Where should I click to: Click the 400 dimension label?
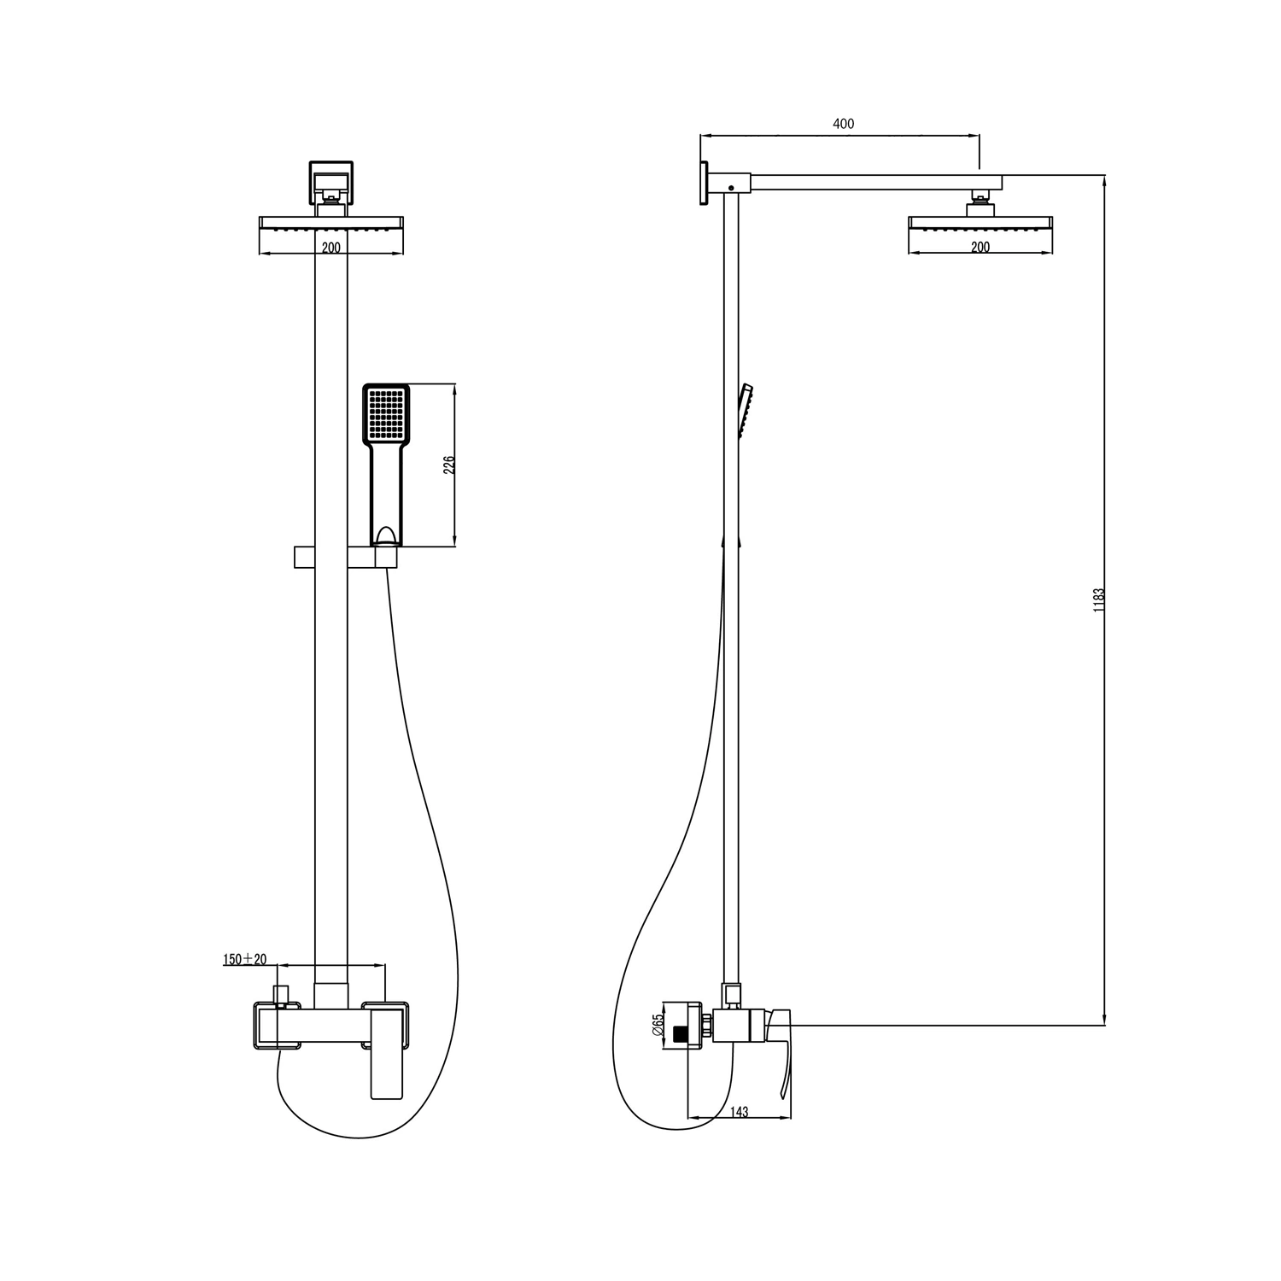pyautogui.click(x=843, y=124)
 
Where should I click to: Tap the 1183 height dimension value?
pyautogui.click(x=1099, y=600)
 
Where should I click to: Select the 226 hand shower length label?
pyautogui.click(x=449, y=465)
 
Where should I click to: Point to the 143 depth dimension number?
pyautogui.click(x=740, y=1112)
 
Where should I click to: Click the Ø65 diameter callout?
pyautogui.click(x=658, y=1025)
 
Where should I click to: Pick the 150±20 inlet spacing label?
pyautogui.click(x=244, y=959)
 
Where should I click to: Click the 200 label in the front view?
pyautogui.click(x=331, y=248)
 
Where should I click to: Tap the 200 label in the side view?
pyautogui.click(x=980, y=248)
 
